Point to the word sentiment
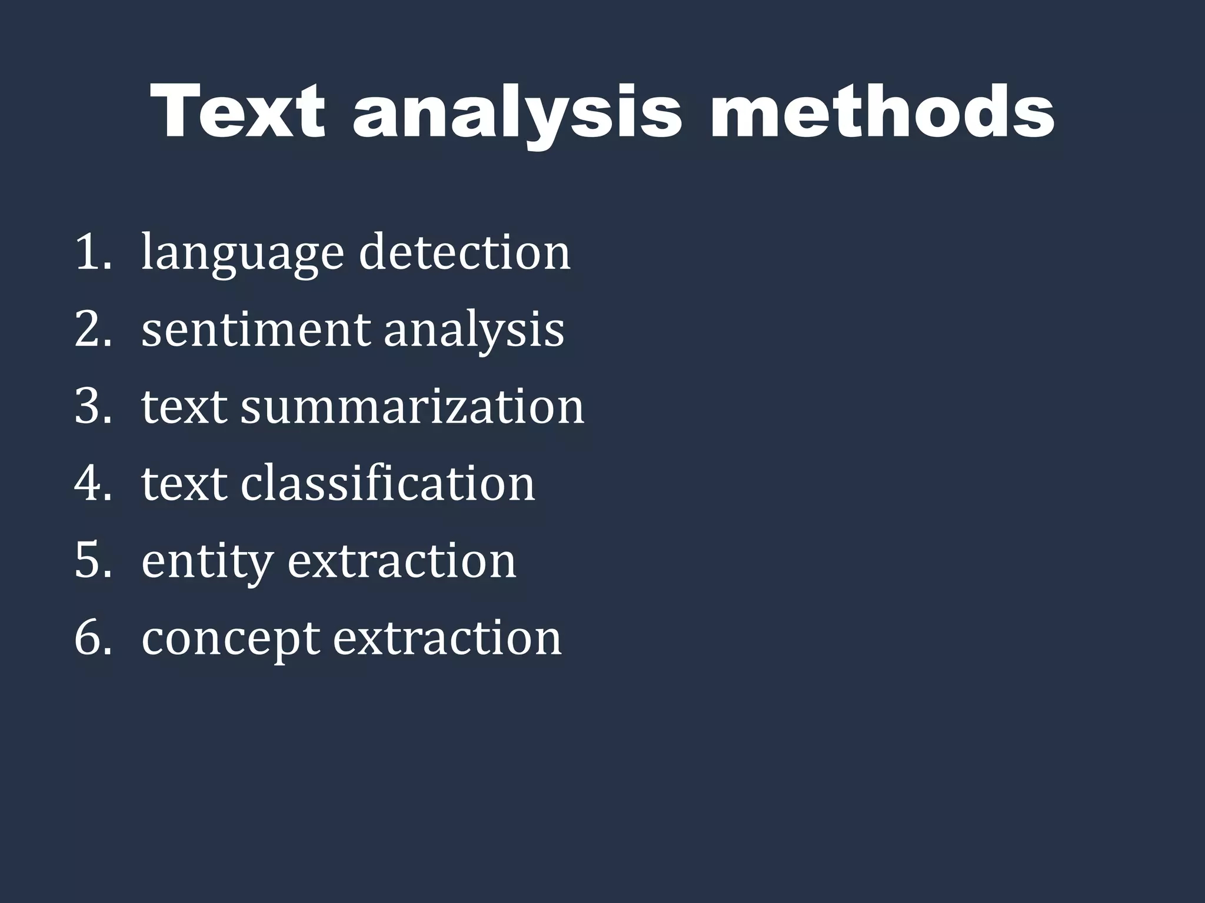(x=255, y=329)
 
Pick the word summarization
(x=412, y=406)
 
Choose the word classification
(x=388, y=483)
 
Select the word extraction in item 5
(x=402, y=560)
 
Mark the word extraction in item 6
(x=447, y=637)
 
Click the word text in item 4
(x=184, y=483)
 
